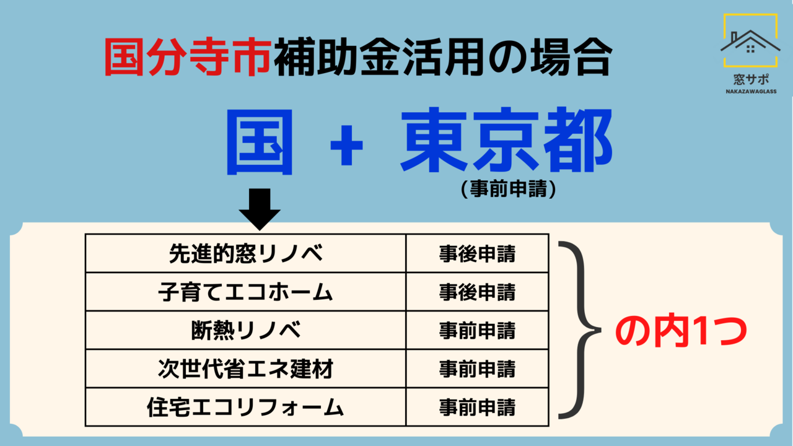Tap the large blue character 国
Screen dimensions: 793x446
[260, 142]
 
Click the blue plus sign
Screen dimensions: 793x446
[346, 146]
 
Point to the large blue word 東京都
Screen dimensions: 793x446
[506, 140]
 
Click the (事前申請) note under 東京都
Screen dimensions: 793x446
[509, 189]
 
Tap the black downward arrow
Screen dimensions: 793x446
[260, 209]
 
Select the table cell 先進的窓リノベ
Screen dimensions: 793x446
[246, 254]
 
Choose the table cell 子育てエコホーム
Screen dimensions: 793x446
[246, 292]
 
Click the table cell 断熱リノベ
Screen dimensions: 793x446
[246, 330]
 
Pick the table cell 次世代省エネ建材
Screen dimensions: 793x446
[246, 369]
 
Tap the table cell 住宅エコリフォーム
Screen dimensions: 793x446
[246, 407]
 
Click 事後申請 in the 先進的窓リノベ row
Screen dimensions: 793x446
[477, 254]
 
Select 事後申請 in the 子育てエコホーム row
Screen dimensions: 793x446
[477, 292]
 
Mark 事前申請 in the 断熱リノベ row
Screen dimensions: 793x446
[477, 330]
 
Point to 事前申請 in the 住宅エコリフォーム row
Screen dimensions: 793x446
[477, 407]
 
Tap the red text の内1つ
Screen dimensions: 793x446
[681, 331]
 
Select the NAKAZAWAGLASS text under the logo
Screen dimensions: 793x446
[751, 91]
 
